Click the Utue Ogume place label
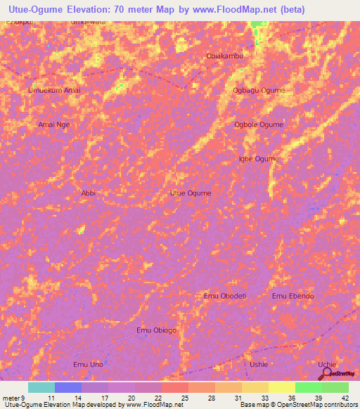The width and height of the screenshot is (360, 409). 191,193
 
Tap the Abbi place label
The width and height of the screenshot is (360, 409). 88,193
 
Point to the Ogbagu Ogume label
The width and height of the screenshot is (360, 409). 259,91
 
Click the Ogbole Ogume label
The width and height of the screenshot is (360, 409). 259,124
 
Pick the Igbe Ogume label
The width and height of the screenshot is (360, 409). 259,159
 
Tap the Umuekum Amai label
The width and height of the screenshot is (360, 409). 53,91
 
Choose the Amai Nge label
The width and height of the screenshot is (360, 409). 54,124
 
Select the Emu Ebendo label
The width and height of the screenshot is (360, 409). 293,296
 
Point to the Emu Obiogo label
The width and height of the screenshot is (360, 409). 156,330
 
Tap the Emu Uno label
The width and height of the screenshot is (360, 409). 88,364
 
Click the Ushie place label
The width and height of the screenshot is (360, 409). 259,364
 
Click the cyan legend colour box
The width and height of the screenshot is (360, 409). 41,387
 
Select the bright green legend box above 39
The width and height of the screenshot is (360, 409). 308,387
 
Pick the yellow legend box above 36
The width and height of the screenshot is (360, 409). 281,387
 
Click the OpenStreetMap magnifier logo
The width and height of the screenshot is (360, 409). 326,374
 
